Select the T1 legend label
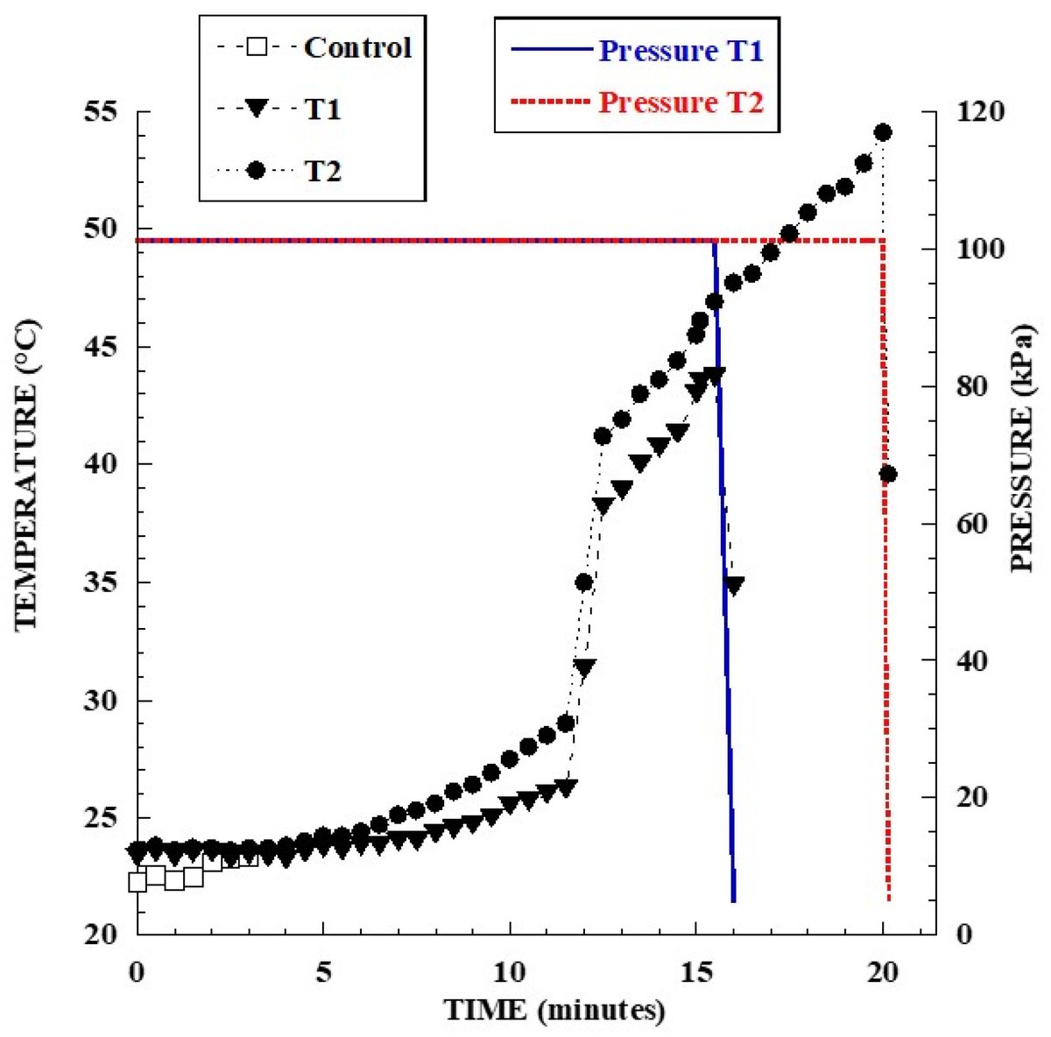pos(322,109)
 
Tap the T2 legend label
pos(322,172)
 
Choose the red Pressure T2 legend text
pos(681,102)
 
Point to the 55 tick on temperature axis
pos(103,112)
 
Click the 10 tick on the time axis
pos(510,972)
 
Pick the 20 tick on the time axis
pos(883,972)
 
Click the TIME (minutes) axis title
pos(554,1011)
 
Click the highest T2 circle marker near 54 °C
pos(883,132)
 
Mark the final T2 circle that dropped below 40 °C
pos(888,474)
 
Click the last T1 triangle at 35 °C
pos(734,585)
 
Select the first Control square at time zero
pos(138,882)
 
